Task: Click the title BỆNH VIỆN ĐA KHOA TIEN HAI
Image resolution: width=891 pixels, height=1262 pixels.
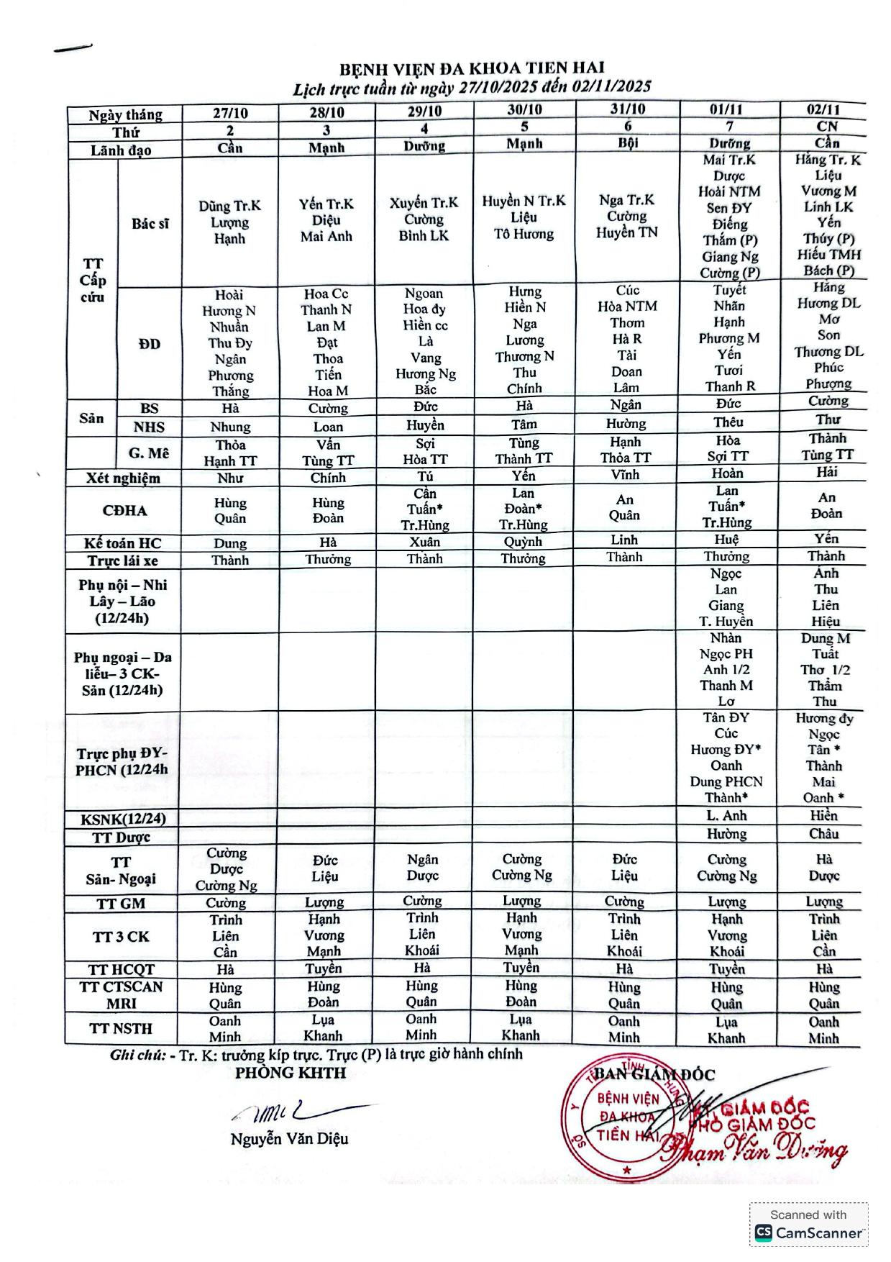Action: pyautogui.click(x=472, y=69)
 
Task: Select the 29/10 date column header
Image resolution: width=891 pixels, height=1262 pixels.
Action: pyautogui.click(x=424, y=112)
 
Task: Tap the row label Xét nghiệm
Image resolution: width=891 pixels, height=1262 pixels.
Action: pyautogui.click(x=124, y=478)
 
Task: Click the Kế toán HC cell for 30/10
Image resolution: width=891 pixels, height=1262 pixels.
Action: pyautogui.click(x=523, y=542)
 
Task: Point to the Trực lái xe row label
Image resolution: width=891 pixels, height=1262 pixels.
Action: pyautogui.click(x=123, y=560)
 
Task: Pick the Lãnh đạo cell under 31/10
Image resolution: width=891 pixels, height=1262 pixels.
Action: pyautogui.click(x=627, y=143)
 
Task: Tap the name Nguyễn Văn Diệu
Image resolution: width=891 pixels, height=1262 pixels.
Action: pyautogui.click(x=289, y=1139)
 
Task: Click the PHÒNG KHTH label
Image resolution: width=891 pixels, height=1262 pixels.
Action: pyautogui.click(x=291, y=1073)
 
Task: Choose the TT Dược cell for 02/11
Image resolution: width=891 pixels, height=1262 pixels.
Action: pyautogui.click(x=823, y=834)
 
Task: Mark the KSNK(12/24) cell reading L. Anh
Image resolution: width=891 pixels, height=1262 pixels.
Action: pyautogui.click(x=726, y=816)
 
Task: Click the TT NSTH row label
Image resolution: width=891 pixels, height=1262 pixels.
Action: pyautogui.click(x=121, y=1028)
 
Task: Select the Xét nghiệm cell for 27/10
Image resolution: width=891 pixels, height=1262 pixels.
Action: pyautogui.click(x=230, y=478)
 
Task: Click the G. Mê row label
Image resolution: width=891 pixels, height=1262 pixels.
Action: pyautogui.click(x=149, y=453)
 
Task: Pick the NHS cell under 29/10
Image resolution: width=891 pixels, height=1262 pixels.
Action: pyautogui.click(x=424, y=425)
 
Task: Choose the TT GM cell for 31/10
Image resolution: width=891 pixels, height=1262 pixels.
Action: pyautogui.click(x=623, y=902)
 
